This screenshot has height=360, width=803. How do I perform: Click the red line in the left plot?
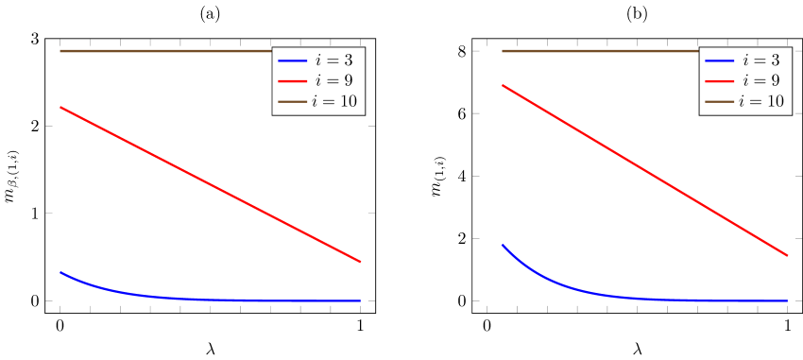(210, 184)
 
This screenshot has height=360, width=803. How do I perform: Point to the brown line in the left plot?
(161, 51)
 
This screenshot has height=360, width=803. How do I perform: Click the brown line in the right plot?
(595, 51)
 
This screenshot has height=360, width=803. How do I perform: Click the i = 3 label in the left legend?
(335, 60)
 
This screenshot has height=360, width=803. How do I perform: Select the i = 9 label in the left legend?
(335, 80)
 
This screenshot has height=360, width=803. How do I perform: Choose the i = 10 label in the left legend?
(333, 101)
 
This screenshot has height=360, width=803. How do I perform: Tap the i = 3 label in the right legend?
(762, 60)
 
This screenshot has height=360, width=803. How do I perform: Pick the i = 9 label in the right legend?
(762, 80)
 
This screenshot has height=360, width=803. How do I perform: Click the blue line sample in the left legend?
(293, 60)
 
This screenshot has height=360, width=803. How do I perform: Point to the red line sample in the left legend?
(293, 81)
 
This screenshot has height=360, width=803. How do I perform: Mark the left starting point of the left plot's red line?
(60, 108)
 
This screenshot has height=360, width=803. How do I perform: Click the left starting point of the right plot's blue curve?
(502, 245)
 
